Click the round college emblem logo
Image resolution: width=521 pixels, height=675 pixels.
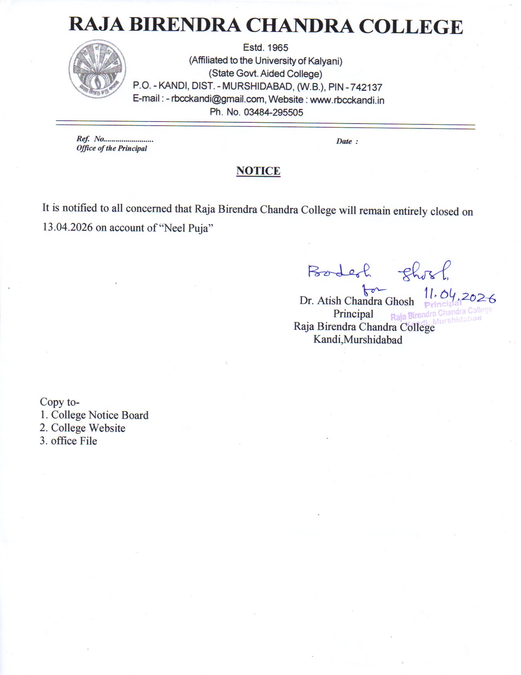[97, 69]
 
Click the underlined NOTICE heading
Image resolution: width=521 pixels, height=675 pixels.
[258, 171]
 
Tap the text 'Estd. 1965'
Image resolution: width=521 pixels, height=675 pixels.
[266, 48]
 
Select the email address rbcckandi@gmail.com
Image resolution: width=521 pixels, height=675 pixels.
[217, 99]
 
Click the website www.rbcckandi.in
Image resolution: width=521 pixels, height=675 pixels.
[347, 100]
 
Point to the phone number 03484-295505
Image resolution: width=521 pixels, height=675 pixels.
[273, 112]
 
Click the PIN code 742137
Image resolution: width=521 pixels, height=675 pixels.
[366, 88]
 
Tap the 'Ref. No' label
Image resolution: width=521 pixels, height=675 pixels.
[91, 139]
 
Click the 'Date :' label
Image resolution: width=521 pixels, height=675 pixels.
[347, 142]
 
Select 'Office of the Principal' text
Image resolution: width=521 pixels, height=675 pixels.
[112, 148]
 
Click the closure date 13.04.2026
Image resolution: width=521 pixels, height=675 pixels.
[67, 227]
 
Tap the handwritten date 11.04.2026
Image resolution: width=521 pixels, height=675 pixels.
[460, 295]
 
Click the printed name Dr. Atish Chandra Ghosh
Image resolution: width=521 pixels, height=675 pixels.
[356, 301]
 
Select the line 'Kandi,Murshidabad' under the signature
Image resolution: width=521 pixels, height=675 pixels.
[358, 340]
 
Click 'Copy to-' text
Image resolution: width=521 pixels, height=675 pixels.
[60, 402]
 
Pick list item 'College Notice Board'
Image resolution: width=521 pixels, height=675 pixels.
[99, 415]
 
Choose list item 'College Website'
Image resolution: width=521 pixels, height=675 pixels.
[88, 428]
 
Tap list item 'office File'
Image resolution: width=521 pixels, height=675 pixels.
[74, 441]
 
